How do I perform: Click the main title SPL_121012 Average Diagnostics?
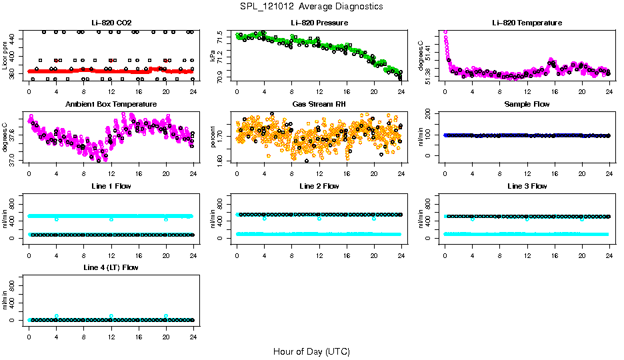312,6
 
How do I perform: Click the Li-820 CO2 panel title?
111,23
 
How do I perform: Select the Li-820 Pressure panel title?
319,23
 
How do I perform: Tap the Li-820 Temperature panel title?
527,23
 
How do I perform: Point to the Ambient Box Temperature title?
111,104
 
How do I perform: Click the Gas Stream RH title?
319,104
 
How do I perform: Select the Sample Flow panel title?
527,104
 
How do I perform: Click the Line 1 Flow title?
111,185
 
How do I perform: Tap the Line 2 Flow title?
319,185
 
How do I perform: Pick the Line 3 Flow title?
527,185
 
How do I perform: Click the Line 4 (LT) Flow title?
111,267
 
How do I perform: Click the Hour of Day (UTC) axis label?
311,351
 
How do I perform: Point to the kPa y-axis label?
213,56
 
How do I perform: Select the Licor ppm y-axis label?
5,56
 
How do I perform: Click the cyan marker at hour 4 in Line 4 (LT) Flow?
57,316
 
